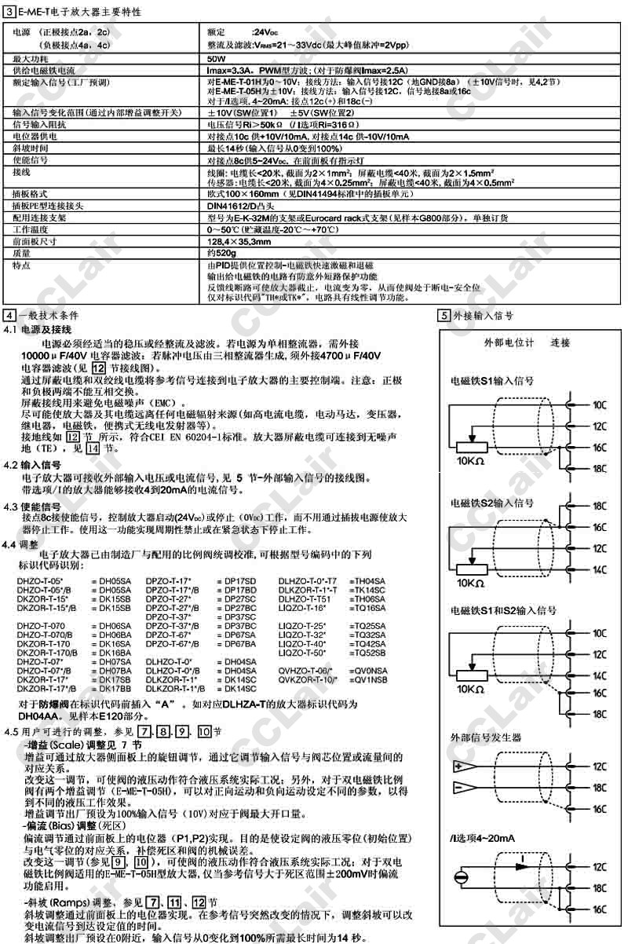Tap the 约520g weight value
click(x=221, y=254)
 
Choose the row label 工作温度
click(x=30, y=228)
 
